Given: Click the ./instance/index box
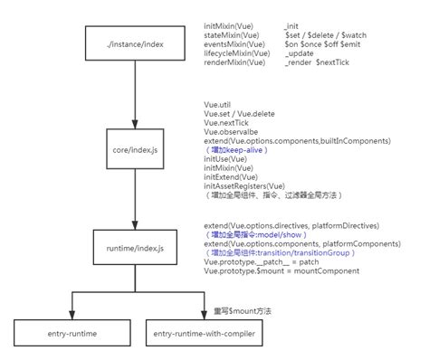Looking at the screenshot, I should pyautogui.click(x=134, y=44).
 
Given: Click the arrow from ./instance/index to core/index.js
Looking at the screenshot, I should pyautogui.click(x=134, y=93).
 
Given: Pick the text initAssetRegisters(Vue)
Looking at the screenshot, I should pyautogui.click(x=249, y=185).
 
